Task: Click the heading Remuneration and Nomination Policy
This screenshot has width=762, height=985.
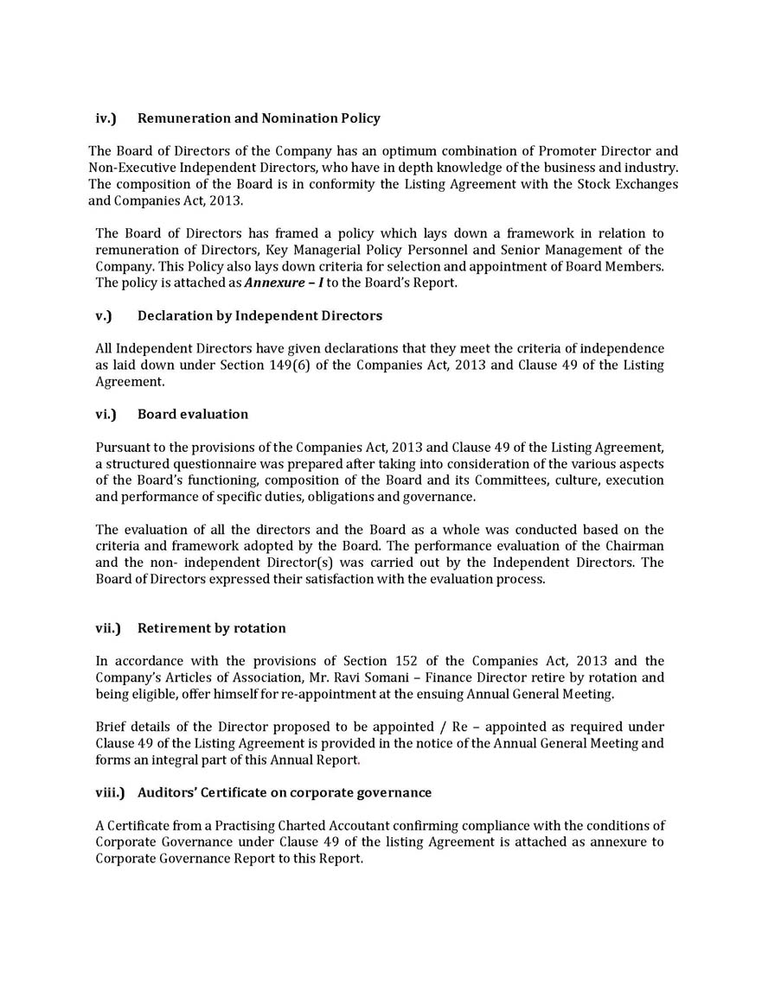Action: click(x=259, y=118)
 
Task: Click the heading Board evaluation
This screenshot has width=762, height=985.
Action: click(x=193, y=414)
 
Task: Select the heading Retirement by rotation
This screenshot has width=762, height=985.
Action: click(x=211, y=628)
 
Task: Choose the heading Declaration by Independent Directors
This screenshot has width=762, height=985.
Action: click(x=259, y=315)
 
